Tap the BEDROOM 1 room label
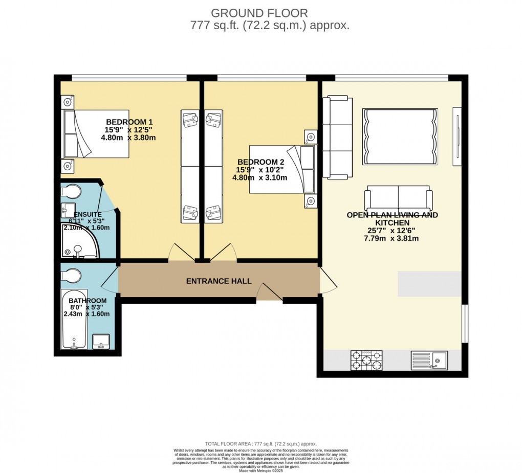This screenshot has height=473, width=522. tap(129, 122)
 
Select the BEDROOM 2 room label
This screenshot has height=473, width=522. tap(260, 162)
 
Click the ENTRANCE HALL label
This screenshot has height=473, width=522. tap(219, 281)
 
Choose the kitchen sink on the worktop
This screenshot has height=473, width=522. tap(430, 360)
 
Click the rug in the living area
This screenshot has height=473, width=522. tap(400, 137)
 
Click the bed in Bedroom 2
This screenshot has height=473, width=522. tap(281, 170)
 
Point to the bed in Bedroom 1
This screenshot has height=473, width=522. tap(95, 134)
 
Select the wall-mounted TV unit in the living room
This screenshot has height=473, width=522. tap(457, 137)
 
